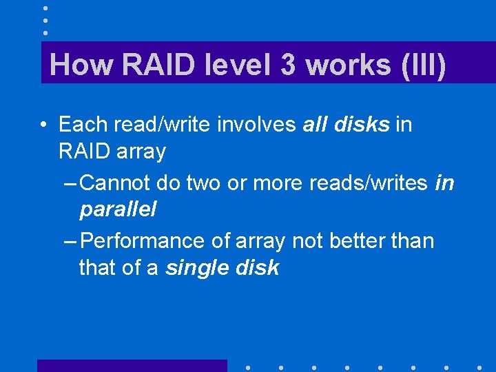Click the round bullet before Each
point(43,125)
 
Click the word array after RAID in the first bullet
point(141,151)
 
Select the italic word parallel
point(118,209)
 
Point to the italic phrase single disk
point(222,268)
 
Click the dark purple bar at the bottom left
point(132,365)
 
